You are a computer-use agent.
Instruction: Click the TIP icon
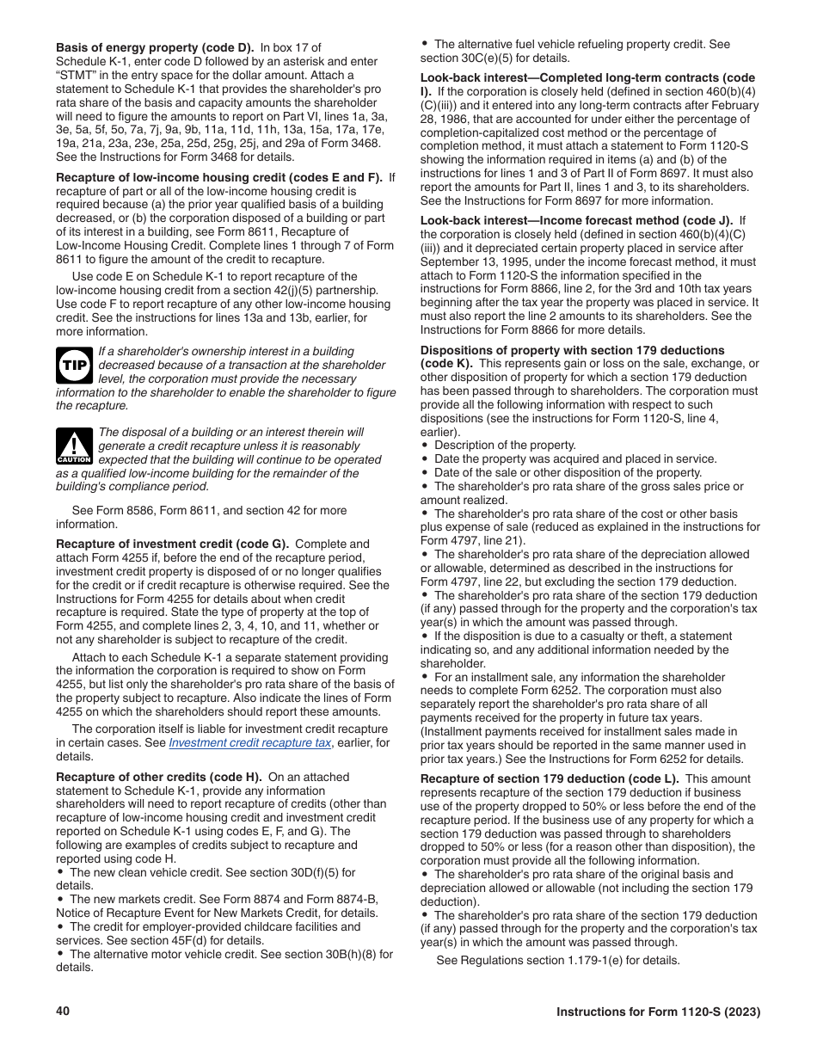(73, 366)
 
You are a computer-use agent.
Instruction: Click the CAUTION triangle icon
(73, 446)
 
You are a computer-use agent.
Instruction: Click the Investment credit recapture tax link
(249, 742)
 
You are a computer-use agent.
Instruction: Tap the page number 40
(63, 1011)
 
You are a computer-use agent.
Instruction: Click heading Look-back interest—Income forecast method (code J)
(576, 220)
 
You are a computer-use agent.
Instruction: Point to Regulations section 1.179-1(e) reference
(559, 960)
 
